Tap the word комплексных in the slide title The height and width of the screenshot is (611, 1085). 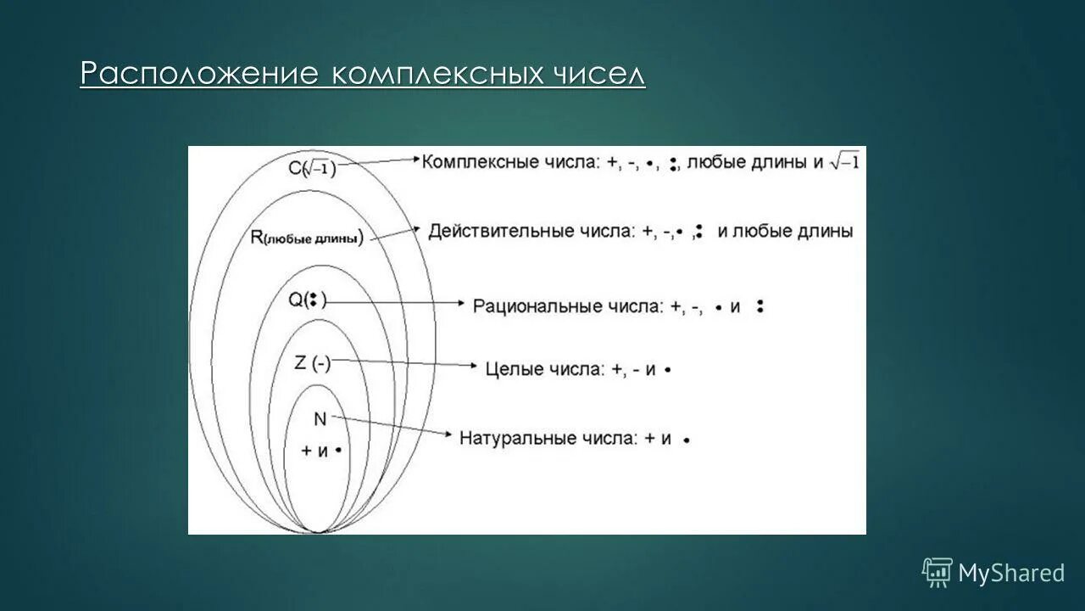[437, 74]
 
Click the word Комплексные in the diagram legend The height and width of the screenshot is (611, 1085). [480, 162]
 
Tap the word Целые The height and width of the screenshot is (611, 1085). [512, 369]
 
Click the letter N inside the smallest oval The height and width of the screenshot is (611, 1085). [320, 418]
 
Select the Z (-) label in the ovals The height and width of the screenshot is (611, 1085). [312, 363]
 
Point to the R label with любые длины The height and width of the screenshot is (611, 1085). [307, 238]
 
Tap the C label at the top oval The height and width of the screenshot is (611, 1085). [311, 170]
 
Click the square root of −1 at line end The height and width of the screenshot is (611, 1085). [844, 160]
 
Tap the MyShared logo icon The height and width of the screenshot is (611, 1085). [938, 573]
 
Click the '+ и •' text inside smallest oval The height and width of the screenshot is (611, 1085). [321, 451]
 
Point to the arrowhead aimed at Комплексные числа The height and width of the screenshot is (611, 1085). [415, 159]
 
